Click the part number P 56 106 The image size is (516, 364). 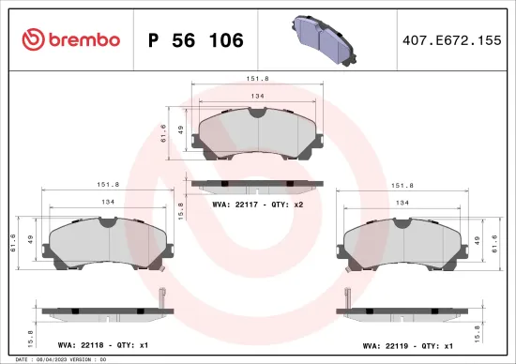point(196,40)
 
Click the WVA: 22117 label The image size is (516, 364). point(235,204)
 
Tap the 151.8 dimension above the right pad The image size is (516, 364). point(402,186)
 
